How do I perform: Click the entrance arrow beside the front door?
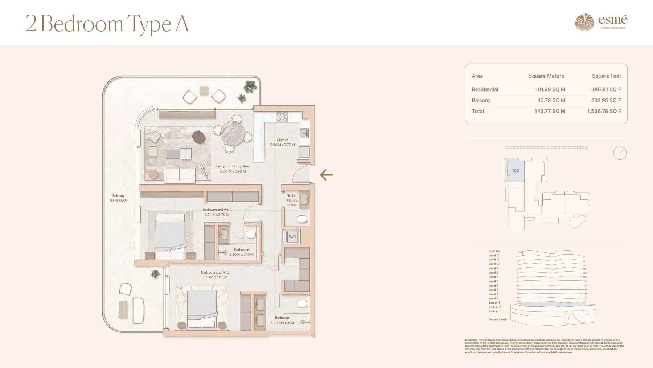[326, 175]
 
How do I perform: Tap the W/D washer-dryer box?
[292, 237]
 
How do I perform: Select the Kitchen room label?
[282, 140]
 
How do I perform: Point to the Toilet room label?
[291, 196]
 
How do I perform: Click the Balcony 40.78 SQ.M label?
[118, 198]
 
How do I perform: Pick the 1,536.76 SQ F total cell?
[604, 111]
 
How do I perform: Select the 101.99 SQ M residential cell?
[550, 89]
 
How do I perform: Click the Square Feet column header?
[606, 76]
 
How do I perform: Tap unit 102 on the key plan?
[515, 171]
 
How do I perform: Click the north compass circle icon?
[620, 153]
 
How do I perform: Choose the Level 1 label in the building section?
[494, 303]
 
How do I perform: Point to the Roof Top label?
[494, 251]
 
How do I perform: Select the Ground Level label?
[497, 320]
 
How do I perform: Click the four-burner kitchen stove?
[282, 116]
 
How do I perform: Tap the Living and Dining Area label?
[233, 166]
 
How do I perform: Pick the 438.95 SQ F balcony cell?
[605, 100]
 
